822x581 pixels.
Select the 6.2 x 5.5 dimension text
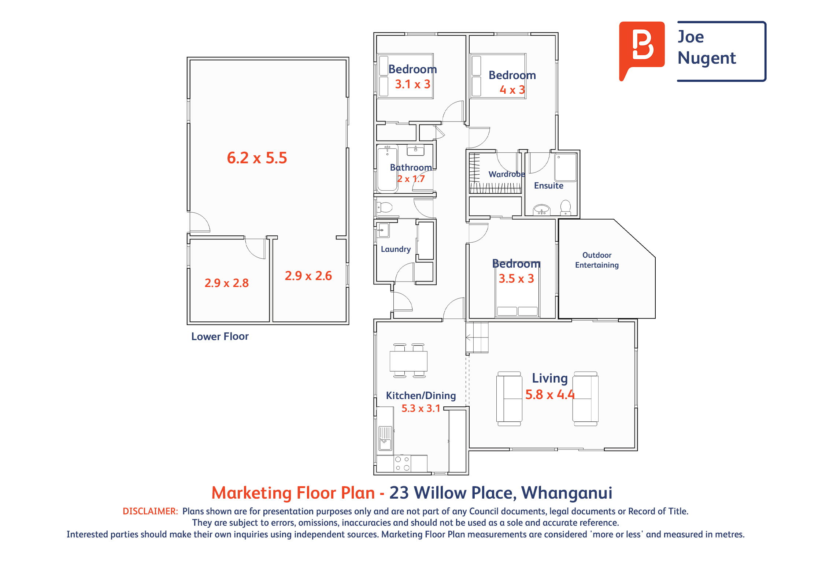point(257,158)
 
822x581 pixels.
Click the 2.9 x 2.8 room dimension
point(226,283)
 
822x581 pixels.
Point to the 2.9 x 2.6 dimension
point(308,276)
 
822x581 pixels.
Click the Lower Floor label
point(220,336)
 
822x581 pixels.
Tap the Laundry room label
point(396,249)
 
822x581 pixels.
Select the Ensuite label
point(549,186)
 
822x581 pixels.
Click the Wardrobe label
point(507,174)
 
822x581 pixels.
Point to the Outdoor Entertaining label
point(597,260)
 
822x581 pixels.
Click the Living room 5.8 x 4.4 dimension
point(550,394)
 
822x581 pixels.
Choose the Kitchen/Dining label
point(421,396)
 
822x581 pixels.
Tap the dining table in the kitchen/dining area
point(408,361)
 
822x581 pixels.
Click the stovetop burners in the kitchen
point(402,463)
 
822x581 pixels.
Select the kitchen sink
point(385,438)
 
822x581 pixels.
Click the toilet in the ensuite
point(566,207)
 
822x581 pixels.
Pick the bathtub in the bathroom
point(387,168)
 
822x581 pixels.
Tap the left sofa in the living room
point(509,399)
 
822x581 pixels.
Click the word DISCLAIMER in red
point(150,511)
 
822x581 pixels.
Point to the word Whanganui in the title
point(567,493)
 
